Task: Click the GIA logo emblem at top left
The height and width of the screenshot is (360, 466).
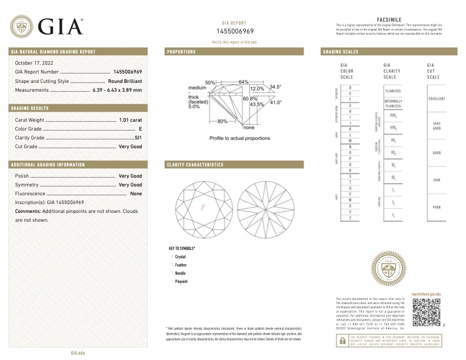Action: pyautogui.click(x=22, y=26)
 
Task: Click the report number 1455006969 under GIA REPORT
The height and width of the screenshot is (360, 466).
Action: pyautogui.click(x=235, y=31)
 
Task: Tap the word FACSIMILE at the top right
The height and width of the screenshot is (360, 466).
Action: pyautogui.click(x=388, y=19)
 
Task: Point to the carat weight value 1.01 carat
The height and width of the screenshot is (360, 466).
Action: pyautogui.click(x=130, y=119)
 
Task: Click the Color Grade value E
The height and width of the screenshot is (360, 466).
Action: pyautogui.click(x=141, y=128)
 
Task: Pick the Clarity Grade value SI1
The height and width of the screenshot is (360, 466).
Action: pyautogui.click(x=138, y=137)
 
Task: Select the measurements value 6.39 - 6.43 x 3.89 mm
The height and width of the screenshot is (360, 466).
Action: pyautogui.click(x=117, y=90)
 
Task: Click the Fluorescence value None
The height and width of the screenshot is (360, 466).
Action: pyautogui.click(x=136, y=194)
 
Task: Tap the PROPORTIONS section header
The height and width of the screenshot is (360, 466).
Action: pyautogui.click(x=182, y=52)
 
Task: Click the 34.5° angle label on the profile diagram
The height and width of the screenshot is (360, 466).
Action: pyautogui.click(x=276, y=87)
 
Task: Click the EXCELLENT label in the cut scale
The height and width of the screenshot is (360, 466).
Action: pyautogui.click(x=437, y=99)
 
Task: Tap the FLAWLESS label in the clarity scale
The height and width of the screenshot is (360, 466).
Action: pyautogui.click(x=393, y=92)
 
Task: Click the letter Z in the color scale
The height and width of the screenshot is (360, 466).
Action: pyautogui.click(x=350, y=218)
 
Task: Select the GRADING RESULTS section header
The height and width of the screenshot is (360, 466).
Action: pyautogui.click(x=30, y=108)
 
